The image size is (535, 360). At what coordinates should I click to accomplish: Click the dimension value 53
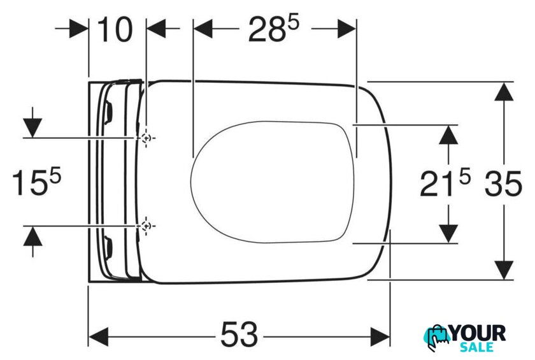239,334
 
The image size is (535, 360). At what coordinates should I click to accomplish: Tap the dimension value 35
503,184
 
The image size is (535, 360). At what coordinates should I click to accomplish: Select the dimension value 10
115,30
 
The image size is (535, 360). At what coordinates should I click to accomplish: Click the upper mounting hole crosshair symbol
146,138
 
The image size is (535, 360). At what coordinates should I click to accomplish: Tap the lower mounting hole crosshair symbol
146,226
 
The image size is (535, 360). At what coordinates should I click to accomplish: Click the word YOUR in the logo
478,333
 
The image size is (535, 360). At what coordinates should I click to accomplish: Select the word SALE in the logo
476,347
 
